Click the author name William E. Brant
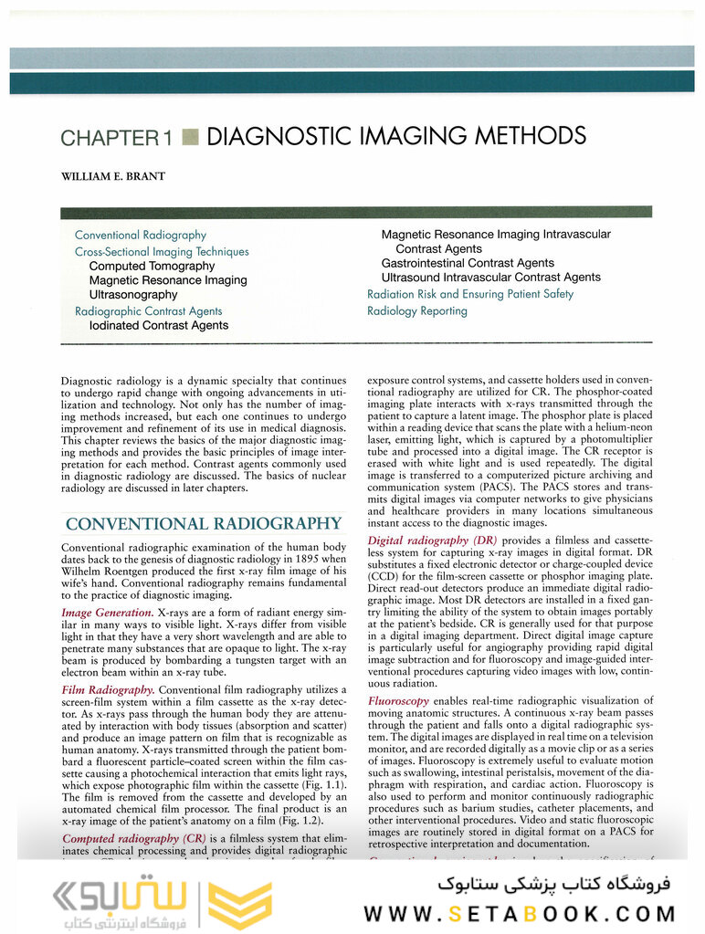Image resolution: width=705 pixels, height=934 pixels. (x=112, y=176)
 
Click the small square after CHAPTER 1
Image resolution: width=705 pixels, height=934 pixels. (x=190, y=138)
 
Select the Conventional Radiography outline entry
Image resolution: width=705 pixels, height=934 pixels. (x=141, y=236)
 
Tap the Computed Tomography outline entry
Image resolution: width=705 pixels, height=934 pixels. (x=152, y=266)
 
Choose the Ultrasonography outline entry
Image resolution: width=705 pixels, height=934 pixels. (x=133, y=295)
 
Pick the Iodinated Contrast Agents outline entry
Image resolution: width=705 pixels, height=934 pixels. (x=159, y=325)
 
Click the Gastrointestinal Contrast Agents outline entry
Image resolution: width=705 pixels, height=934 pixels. (x=468, y=263)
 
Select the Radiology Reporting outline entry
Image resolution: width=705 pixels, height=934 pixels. (x=416, y=310)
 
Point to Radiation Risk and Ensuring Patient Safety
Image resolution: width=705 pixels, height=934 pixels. (x=470, y=294)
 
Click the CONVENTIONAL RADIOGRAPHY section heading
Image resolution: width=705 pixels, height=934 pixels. (x=204, y=524)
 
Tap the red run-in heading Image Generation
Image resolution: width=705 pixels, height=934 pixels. (x=107, y=612)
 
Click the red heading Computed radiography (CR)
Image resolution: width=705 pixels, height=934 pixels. (x=133, y=838)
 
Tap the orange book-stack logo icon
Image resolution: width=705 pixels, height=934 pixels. (x=240, y=904)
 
